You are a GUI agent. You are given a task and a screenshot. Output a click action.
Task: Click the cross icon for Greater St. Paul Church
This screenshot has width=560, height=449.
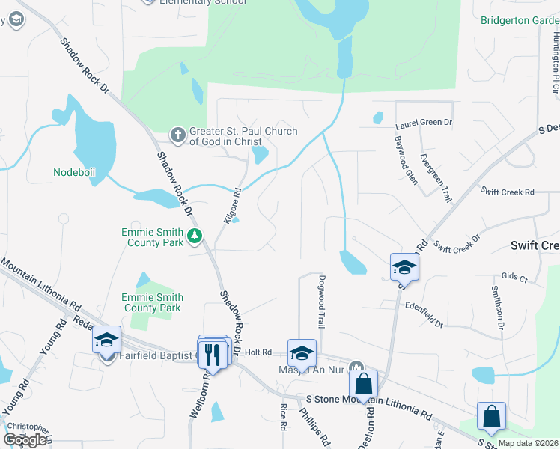tap(178, 135)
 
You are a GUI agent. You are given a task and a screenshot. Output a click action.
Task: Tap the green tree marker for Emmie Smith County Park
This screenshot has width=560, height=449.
tap(195, 237)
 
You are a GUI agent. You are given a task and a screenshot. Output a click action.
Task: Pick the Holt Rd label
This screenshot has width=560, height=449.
tap(257, 352)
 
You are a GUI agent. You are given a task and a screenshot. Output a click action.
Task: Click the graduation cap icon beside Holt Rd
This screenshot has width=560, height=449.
tap(302, 352)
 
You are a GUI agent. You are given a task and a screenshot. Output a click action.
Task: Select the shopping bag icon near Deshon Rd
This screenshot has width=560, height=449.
tap(363, 384)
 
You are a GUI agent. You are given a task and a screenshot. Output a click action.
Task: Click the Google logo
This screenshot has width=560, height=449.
tap(25, 439)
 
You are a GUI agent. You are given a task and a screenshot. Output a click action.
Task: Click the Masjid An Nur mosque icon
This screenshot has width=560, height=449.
tap(357, 367)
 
